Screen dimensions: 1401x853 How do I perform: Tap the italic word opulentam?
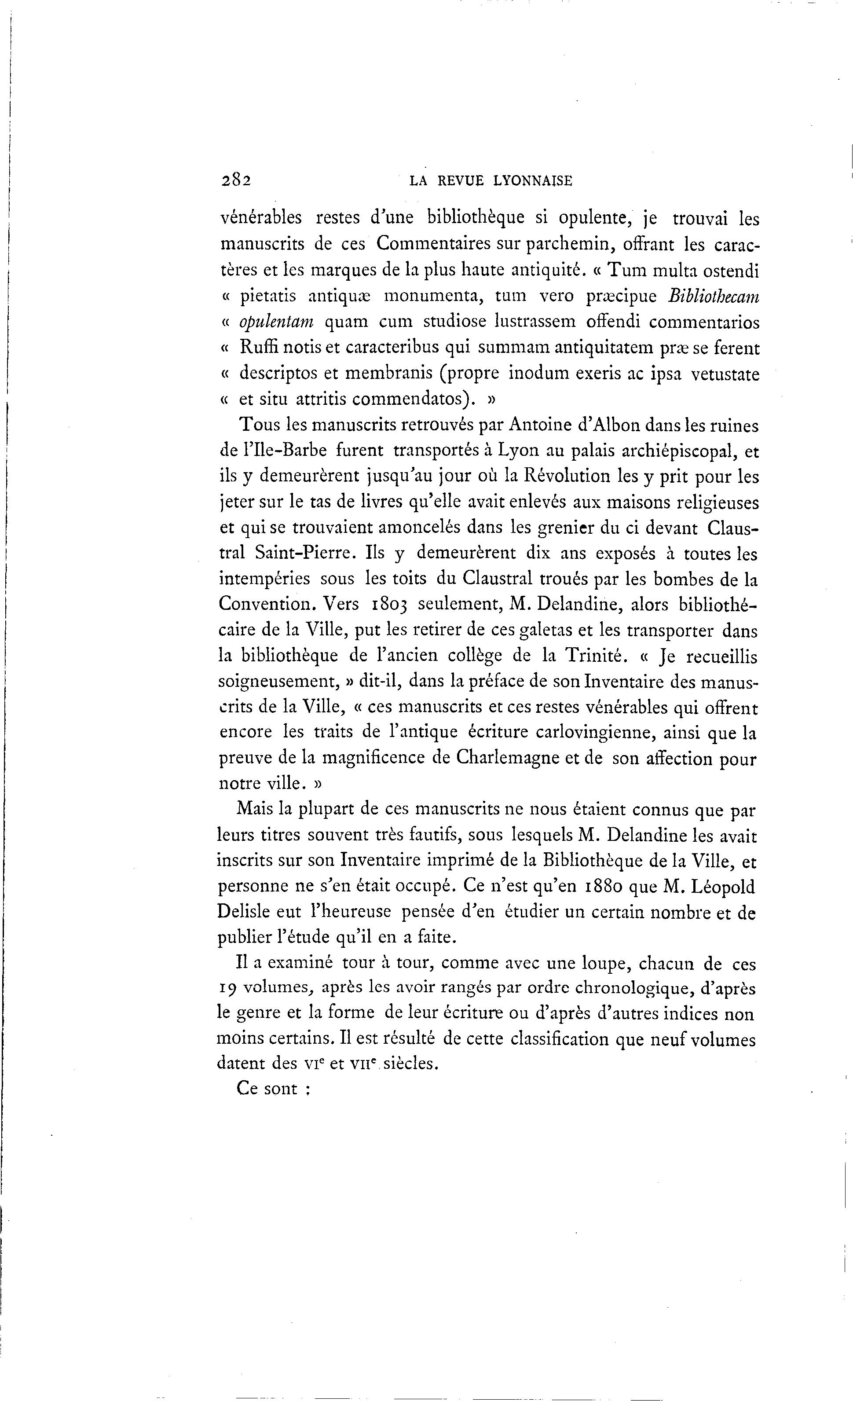click(x=276, y=323)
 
